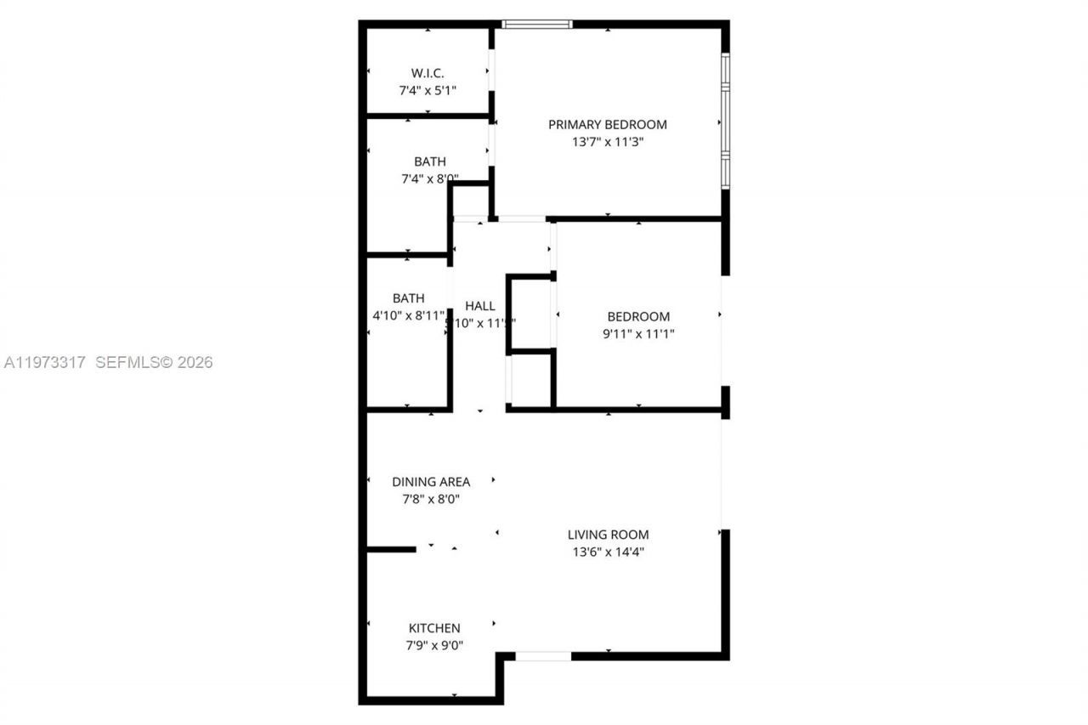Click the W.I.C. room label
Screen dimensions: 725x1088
428,73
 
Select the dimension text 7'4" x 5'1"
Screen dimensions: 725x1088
428,89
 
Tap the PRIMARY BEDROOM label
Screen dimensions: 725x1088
607,124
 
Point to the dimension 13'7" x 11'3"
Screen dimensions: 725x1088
607,142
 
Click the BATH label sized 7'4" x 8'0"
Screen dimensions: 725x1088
429,161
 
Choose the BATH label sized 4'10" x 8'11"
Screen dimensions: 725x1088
408,298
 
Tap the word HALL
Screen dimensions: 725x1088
480,306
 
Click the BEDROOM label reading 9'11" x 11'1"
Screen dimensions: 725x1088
637,317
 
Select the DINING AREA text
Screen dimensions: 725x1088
430,482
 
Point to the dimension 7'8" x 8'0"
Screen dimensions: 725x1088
430,500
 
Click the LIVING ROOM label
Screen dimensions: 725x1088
608,535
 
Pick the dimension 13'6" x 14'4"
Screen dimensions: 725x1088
608,552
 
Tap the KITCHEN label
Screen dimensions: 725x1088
434,628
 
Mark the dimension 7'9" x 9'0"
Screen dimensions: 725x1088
434,646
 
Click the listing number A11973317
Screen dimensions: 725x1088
45,363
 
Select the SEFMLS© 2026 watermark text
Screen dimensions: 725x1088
153,363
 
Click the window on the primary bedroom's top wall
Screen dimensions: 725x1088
537,25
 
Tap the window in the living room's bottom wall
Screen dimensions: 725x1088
543,656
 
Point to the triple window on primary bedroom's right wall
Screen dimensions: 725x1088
725,121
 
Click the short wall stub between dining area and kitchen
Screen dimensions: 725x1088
391,550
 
